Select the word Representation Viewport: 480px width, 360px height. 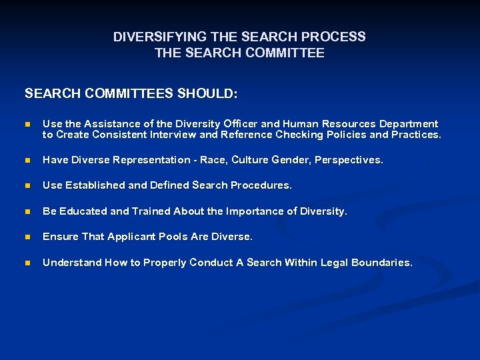pyautogui.click(x=147, y=160)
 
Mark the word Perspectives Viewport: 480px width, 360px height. pyautogui.click(x=349, y=160)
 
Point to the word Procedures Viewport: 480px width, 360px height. pyautogui.click(x=261, y=185)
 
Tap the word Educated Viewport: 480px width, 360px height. pyautogui.click(x=83, y=211)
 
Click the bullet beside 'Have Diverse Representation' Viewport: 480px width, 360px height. pyautogui.click(x=27, y=161)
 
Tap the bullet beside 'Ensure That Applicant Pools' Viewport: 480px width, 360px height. pyautogui.click(x=27, y=237)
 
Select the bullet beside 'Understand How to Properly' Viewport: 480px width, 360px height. pyautogui.click(x=27, y=263)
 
